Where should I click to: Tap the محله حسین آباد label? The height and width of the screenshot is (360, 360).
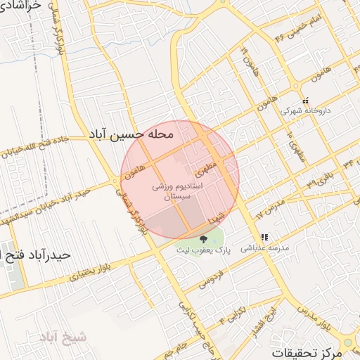point(133,132)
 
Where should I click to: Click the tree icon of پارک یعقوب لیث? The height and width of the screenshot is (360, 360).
point(203,239)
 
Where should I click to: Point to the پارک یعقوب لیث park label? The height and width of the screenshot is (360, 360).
point(204,250)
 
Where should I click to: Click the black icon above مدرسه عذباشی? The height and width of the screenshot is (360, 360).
point(264,238)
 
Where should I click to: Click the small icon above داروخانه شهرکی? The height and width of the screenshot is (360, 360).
point(304,101)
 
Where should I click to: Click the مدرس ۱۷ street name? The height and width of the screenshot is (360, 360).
point(268,205)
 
